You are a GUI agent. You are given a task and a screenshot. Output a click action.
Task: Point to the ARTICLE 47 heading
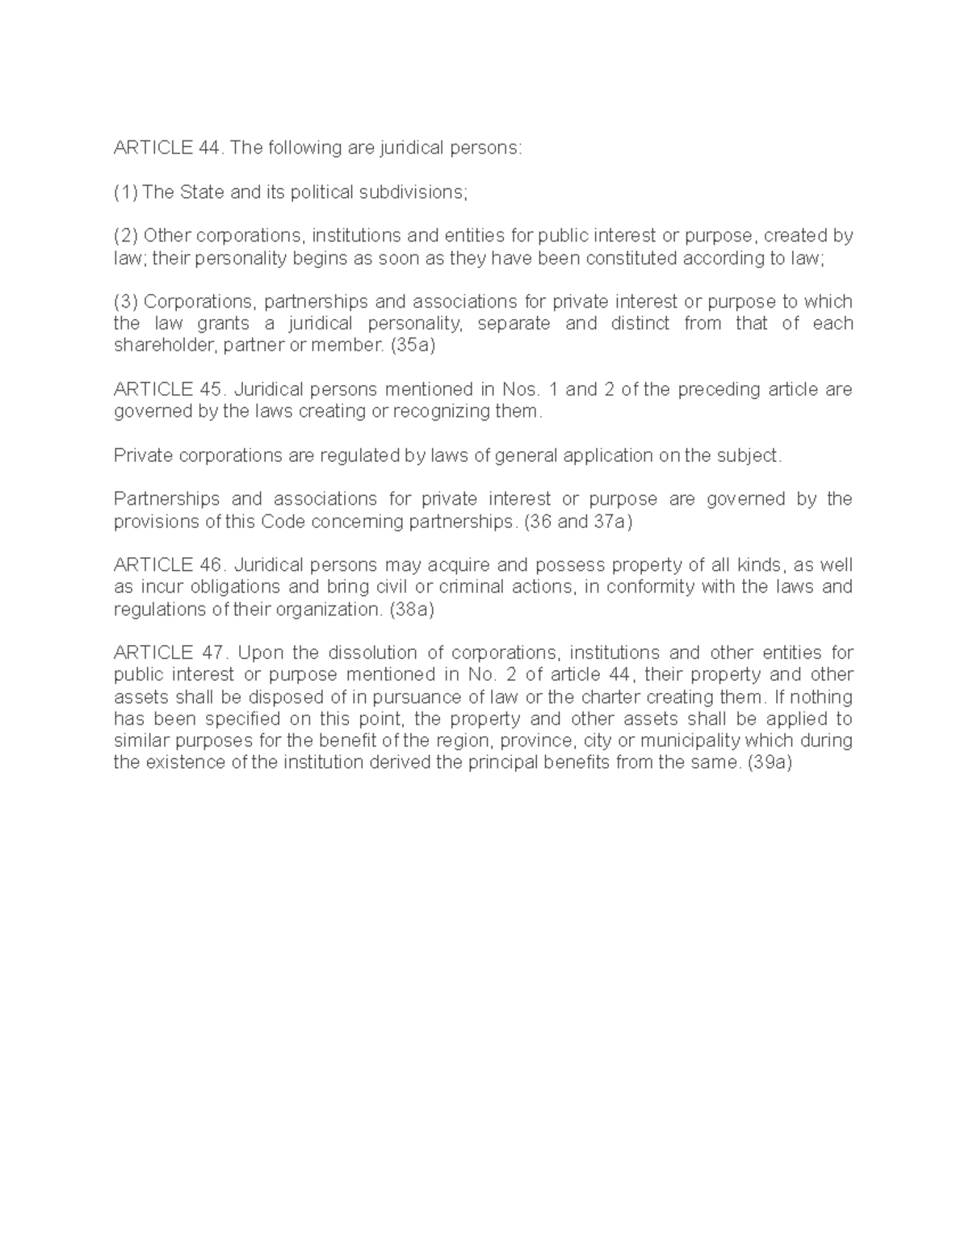(x=170, y=653)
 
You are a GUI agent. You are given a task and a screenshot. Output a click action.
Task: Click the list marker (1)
(x=126, y=193)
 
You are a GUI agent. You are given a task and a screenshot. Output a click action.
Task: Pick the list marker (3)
(x=126, y=302)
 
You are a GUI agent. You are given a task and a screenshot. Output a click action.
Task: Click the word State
(x=202, y=193)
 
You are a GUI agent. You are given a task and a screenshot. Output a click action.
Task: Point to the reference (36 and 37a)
(x=578, y=522)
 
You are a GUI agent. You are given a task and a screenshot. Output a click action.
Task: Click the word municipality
(x=689, y=741)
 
